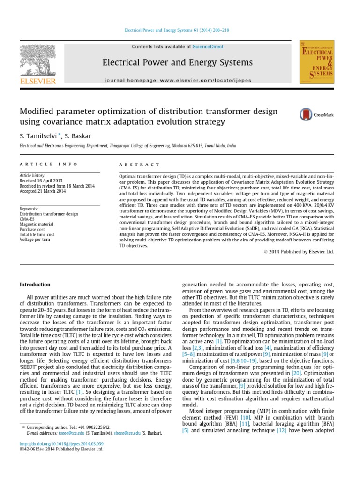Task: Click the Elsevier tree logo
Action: [x=37, y=61]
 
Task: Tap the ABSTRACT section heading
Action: [x=140, y=165]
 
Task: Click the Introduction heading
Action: [x=35, y=285]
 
